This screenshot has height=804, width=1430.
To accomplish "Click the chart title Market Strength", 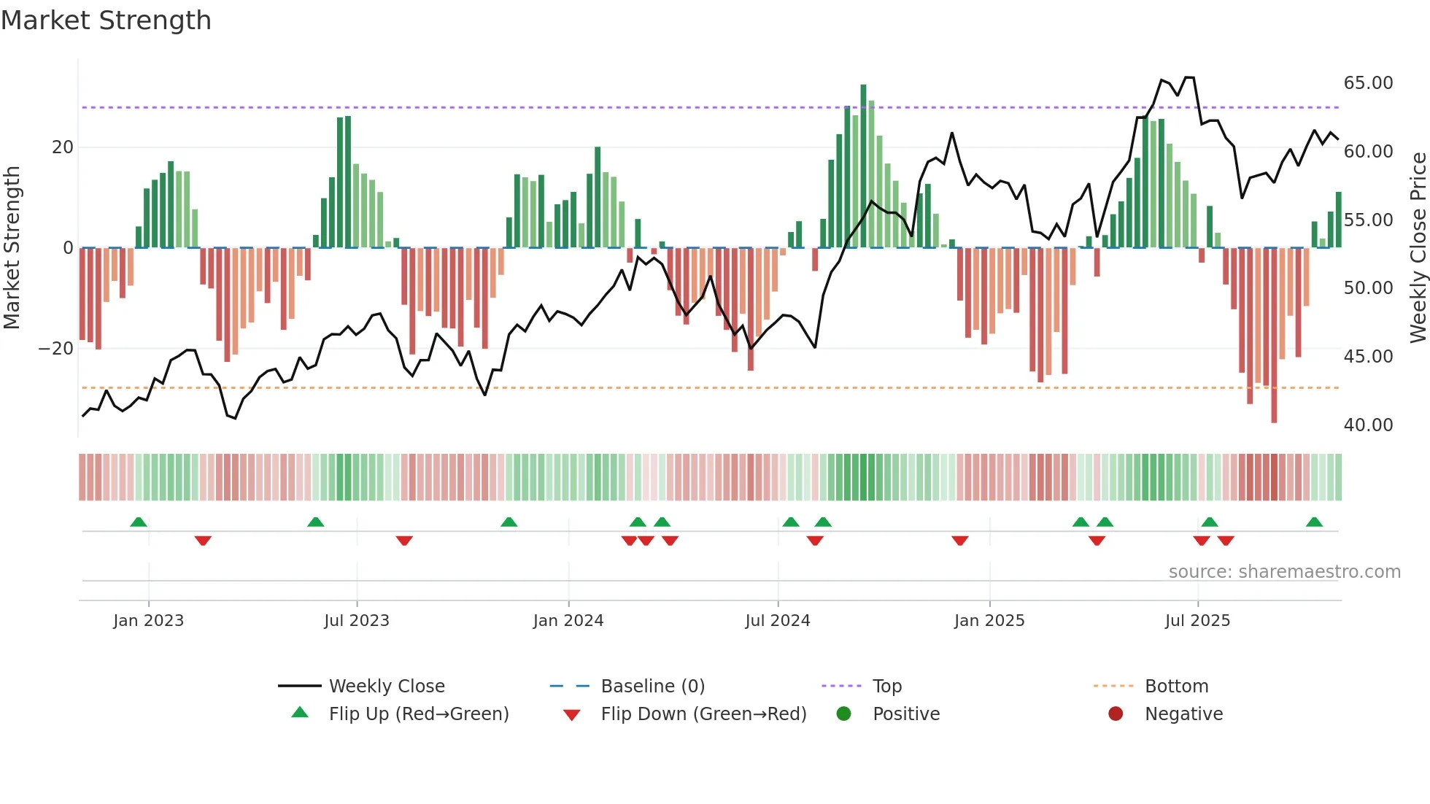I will click(x=107, y=20).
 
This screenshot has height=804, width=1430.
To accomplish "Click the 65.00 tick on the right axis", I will click(x=1368, y=83).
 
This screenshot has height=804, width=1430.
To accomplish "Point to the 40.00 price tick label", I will click(x=1368, y=425).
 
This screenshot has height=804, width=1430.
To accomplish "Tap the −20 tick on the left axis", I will click(x=56, y=349).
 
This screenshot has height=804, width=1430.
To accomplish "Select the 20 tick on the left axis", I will click(x=63, y=147).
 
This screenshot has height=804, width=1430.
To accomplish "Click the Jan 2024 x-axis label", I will click(x=568, y=621).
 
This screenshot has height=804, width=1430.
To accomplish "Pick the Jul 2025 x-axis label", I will click(x=1197, y=621).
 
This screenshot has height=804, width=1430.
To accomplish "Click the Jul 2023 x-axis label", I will click(x=357, y=621).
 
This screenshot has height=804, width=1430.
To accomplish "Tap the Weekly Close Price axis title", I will click(x=1418, y=248).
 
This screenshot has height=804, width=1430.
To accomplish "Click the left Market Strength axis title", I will click(x=12, y=248).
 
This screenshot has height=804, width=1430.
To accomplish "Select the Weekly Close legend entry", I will click(x=386, y=687).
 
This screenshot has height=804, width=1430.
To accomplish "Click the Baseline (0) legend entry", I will click(x=652, y=687).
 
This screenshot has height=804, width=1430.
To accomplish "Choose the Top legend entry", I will click(x=886, y=687).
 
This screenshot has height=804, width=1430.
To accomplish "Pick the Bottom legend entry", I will click(x=1176, y=687).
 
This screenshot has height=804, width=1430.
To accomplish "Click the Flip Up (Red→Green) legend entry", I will click(x=418, y=714).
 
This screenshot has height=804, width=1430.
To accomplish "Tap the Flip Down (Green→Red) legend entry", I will click(x=703, y=714).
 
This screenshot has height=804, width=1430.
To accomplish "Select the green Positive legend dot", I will click(x=844, y=714).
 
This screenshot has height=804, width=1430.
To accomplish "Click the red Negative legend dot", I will click(x=1116, y=714).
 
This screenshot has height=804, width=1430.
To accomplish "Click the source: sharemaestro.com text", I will click(x=1284, y=572).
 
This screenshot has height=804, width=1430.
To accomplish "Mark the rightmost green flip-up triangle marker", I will click(x=1314, y=522).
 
